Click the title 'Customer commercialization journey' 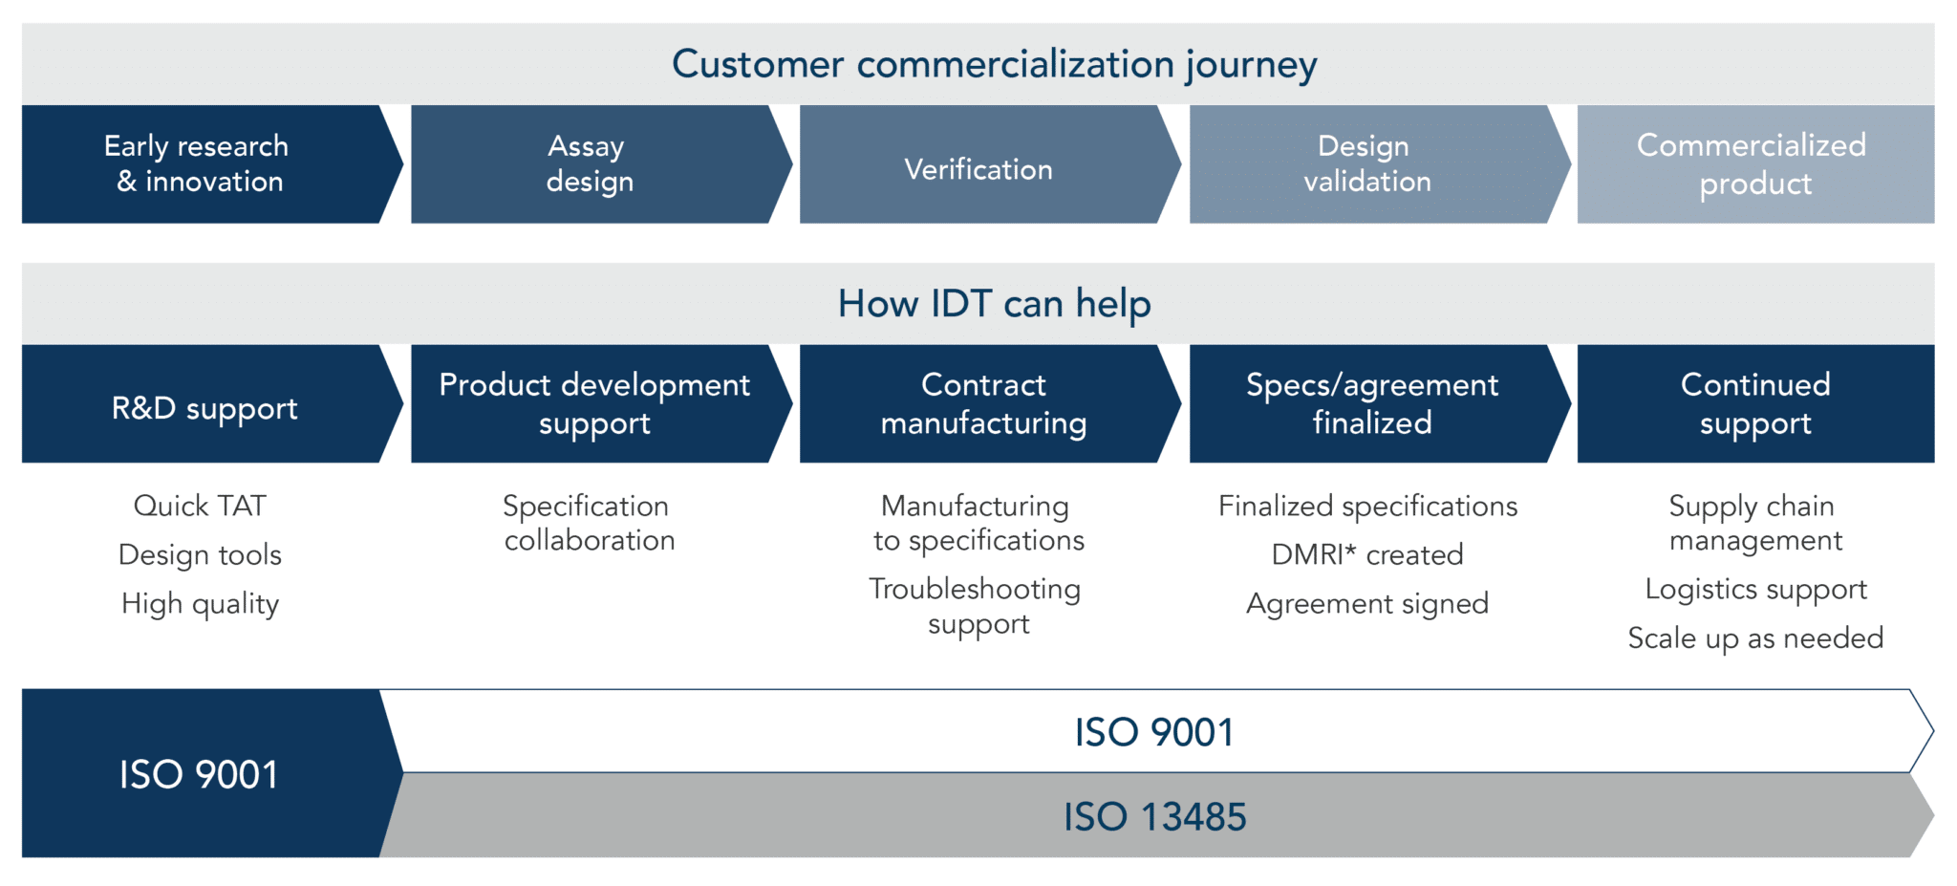[994, 64]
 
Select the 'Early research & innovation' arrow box [198, 164]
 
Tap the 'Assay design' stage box [589, 164]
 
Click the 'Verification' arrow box [978, 169]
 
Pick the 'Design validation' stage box [1367, 164]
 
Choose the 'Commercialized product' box [1753, 164]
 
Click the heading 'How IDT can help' [994, 304]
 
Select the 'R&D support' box [204, 408]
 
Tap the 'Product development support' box [593, 404]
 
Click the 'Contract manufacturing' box [983, 404]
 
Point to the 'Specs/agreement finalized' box [1372, 404]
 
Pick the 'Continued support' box [1755, 404]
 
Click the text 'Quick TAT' [200, 506]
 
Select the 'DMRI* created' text [1367, 554]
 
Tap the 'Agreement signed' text [1367, 604]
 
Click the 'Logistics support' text [1755, 590]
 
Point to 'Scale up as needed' [1755, 638]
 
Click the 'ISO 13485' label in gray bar [1154, 817]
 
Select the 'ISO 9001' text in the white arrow [1154, 733]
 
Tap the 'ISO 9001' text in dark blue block [199, 774]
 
